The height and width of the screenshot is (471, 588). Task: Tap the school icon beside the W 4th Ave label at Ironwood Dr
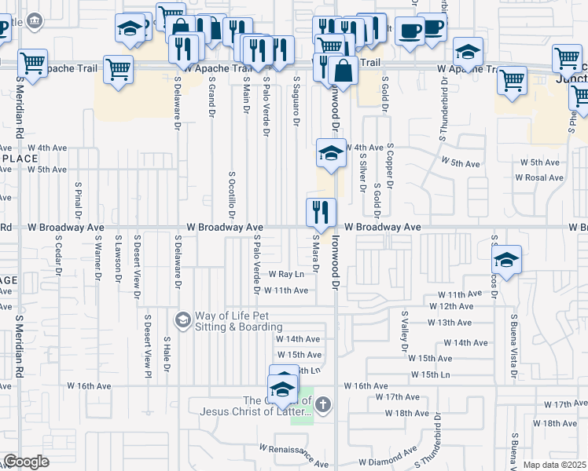(x=332, y=153)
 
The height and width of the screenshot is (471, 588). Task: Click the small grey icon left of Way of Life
(x=182, y=319)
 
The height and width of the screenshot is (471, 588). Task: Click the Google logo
(x=26, y=462)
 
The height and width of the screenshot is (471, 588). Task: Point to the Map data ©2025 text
(x=554, y=465)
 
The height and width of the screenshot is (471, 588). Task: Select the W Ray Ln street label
(x=286, y=275)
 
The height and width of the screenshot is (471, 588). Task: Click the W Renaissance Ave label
(x=294, y=455)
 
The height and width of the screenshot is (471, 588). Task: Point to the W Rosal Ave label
(x=539, y=177)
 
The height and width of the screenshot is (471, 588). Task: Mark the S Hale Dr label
(x=167, y=354)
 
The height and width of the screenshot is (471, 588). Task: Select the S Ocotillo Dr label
(x=233, y=192)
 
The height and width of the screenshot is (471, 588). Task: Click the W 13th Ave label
(x=450, y=323)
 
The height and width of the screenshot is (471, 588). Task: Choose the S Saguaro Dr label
(x=297, y=100)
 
